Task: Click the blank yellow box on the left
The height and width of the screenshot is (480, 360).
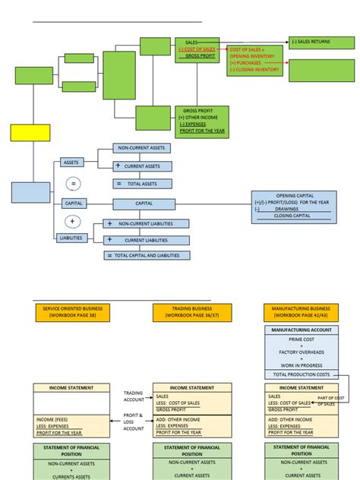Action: coord(30,133)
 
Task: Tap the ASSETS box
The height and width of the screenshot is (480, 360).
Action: coord(71,162)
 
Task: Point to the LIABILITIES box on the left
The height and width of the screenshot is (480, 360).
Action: coord(71,238)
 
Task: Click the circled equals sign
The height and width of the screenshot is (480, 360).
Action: coord(73,184)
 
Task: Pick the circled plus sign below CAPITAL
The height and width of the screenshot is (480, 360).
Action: coord(73,221)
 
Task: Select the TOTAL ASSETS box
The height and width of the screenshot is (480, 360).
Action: coord(142,184)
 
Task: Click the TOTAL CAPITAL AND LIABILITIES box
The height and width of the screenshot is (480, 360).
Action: coord(147,256)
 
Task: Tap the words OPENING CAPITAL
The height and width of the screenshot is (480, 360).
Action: coord(295,194)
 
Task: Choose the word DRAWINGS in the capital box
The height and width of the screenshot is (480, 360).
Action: coord(295,209)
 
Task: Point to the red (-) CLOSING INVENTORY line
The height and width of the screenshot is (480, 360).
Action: coord(254,69)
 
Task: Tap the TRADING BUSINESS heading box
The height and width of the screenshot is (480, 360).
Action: coord(190,311)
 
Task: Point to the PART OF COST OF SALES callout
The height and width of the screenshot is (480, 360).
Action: coord(331,401)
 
